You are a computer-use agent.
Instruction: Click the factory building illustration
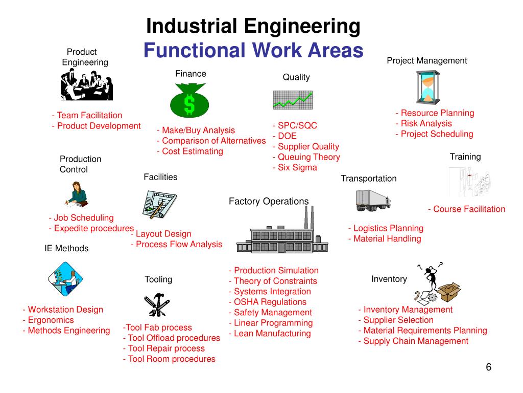[282, 233]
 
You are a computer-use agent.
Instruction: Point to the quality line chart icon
[292, 99]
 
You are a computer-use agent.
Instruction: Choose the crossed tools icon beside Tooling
[158, 304]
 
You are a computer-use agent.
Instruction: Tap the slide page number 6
[488, 368]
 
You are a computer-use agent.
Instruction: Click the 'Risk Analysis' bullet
[423, 123]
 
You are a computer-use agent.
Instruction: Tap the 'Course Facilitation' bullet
[466, 209]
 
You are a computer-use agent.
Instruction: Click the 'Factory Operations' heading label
[269, 201]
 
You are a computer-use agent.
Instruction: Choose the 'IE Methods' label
[66, 249]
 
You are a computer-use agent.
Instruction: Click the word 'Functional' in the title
[194, 50]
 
